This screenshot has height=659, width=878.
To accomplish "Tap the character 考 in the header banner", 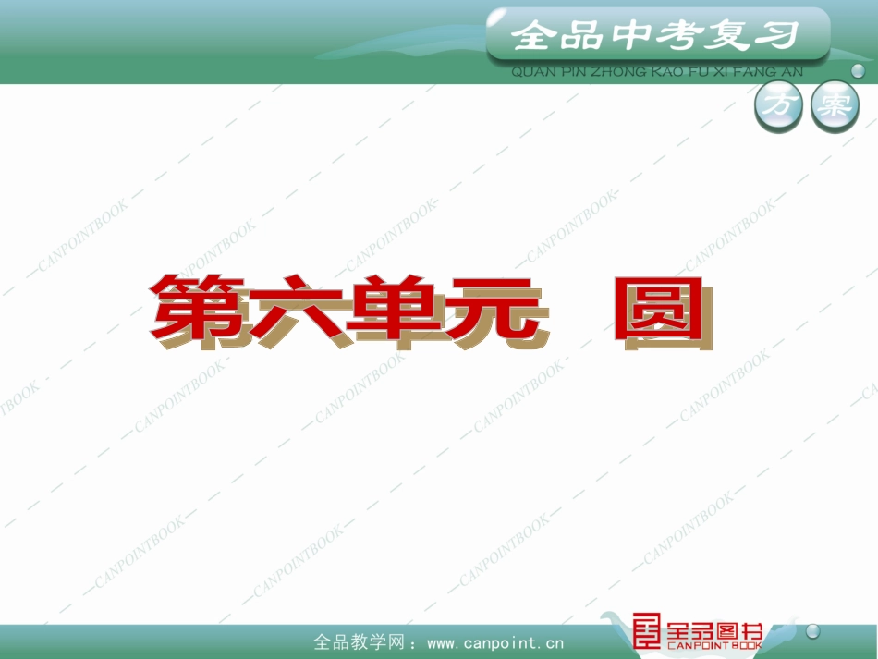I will [x=677, y=36].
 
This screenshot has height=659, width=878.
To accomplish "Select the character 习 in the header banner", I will [x=775, y=36].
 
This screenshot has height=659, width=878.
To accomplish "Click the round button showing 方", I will [x=779, y=106].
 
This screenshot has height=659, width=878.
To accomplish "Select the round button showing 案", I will [x=835, y=106].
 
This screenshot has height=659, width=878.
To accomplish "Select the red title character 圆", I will [x=663, y=310].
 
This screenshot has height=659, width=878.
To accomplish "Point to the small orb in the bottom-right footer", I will [x=813, y=631].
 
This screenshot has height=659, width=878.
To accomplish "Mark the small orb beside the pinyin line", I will [x=858, y=70].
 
